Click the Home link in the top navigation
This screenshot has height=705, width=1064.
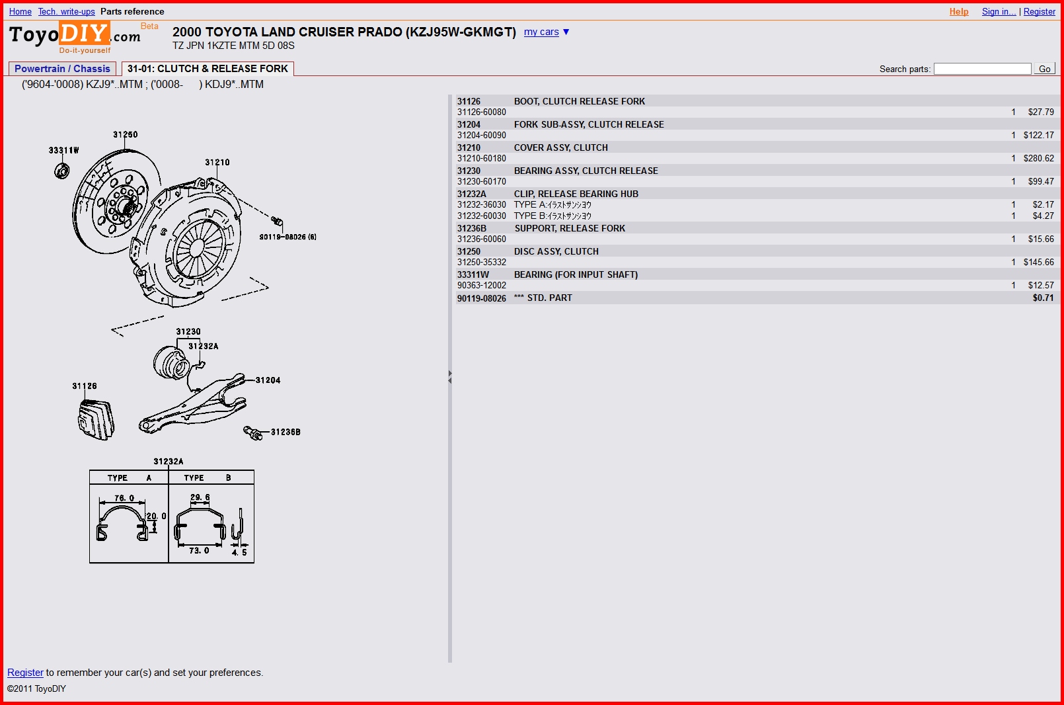coord(20,11)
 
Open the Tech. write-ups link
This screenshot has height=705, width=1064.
coord(67,11)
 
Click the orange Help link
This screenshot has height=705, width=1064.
coord(958,11)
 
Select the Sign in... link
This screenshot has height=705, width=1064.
coord(999,11)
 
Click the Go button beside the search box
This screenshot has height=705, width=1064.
coord(1045,69)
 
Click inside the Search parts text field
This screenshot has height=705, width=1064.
coord(982,69)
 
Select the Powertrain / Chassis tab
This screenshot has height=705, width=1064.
coord(62,69)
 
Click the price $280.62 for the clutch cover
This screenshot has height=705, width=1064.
coord(1038,158)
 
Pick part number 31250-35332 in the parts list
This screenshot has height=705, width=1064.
coord(482,262)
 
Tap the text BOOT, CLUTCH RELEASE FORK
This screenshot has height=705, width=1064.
coord(579,101)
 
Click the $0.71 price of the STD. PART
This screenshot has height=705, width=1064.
coord(1043,298)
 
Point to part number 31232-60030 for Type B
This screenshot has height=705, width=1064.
coord(482,216)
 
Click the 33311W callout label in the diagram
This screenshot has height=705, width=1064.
coord(63,150)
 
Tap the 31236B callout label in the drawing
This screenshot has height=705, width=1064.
coord(285,432)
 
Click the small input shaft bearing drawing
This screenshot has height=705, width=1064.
coord(61,171)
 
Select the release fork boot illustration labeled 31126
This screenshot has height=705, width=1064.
coord(96,420)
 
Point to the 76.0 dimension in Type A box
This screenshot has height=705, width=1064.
coord(124,498)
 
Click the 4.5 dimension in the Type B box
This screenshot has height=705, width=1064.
coord(239,552)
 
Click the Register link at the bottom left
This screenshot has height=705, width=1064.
coord(25,672)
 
